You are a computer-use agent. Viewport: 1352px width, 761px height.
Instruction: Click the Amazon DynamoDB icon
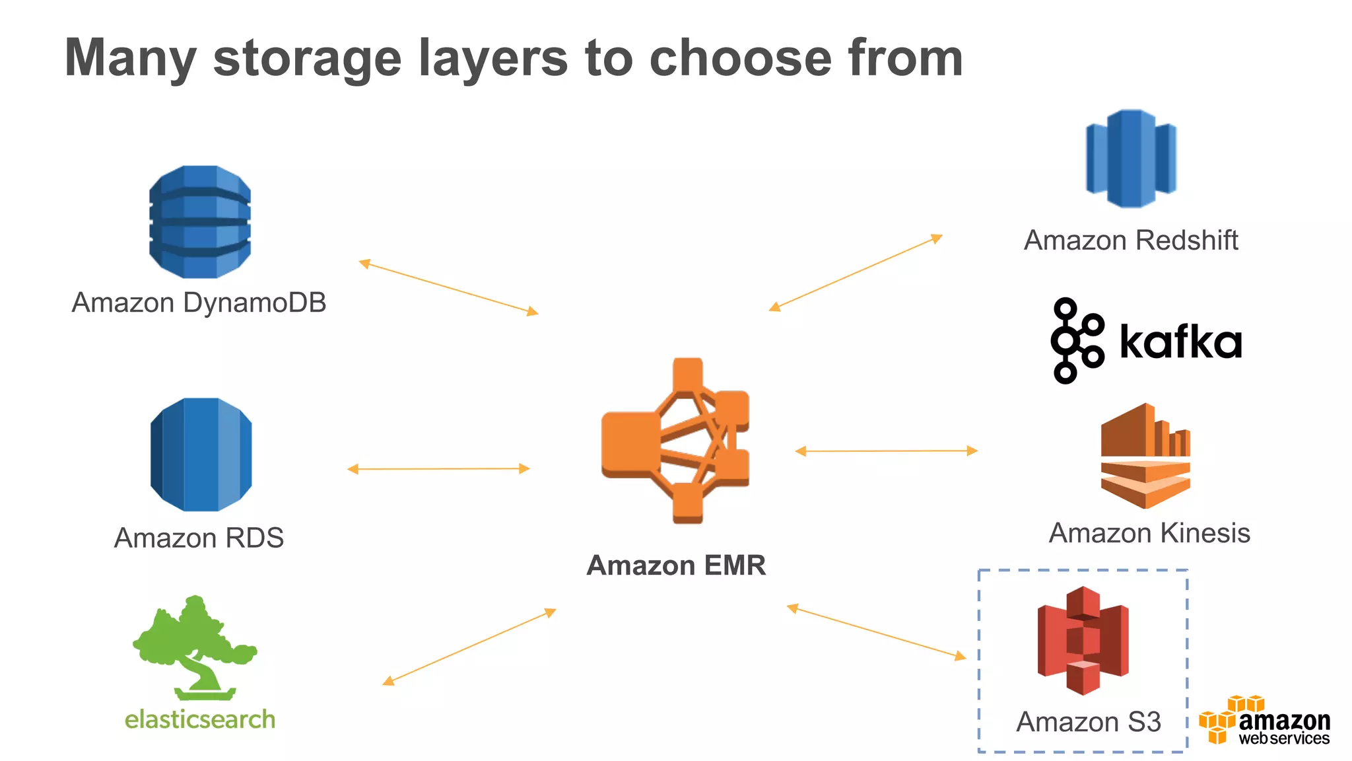(200, 221)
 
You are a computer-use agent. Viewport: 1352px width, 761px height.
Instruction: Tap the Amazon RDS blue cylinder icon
(201, 454)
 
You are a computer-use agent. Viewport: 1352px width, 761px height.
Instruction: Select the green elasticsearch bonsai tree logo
(195, 647)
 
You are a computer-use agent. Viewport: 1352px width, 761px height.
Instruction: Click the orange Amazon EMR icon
(675, 441)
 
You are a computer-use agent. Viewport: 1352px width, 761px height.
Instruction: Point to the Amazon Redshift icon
(1131, 159)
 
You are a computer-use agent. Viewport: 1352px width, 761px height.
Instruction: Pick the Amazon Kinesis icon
(1145, 456)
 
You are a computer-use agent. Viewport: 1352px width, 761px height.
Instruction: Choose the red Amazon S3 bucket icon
(1083, 640)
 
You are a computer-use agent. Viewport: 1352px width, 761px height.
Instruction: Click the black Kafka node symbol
(1077, 340)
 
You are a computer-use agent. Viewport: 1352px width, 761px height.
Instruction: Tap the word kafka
(1180, 342)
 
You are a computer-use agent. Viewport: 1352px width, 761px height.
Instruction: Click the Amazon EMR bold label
(676, 565)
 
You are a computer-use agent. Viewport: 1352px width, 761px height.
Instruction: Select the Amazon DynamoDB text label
(199, 303)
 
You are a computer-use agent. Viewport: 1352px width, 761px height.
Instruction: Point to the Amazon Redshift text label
(1131, 240)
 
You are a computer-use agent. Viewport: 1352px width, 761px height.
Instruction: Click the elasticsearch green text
(200, 719)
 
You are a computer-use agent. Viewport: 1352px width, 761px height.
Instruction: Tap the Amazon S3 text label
(1088, 721)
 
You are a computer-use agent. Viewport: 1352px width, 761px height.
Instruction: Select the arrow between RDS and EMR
(438, 469)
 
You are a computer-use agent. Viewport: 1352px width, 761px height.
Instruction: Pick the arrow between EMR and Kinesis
(886, 451)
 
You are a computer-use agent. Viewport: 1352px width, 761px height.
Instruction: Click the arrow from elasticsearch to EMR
(469, 647)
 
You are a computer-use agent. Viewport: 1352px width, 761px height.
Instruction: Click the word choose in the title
(739, 58)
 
